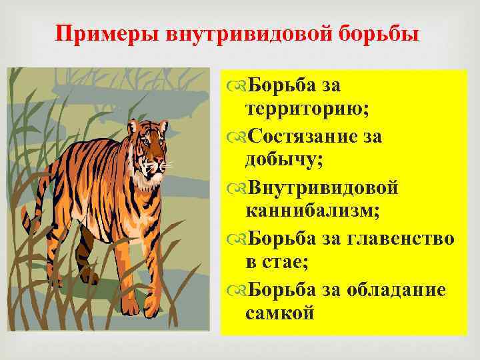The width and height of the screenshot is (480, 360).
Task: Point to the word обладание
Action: pyautogui.click(x=401, y=289)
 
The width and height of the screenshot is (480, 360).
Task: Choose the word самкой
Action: pyautogui.click(x=279, y=313)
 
